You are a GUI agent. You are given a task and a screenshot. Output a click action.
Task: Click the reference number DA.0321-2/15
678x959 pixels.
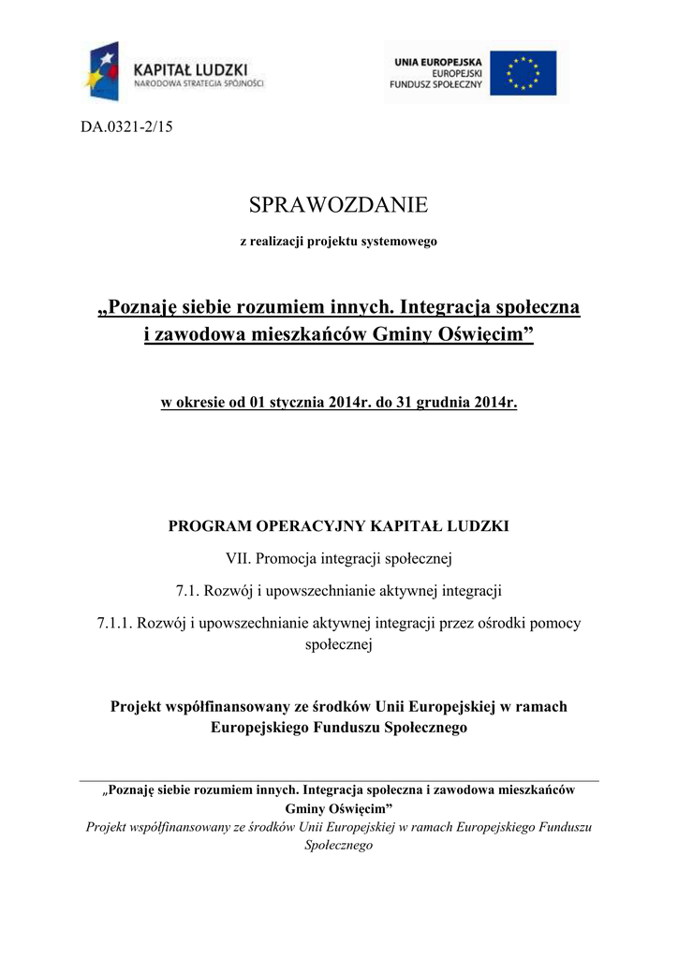[x=126, y=127]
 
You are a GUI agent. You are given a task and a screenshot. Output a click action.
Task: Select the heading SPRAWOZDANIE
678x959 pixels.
[x=338, y=204]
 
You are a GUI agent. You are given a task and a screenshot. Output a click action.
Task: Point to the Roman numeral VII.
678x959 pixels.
[x=238, y=559]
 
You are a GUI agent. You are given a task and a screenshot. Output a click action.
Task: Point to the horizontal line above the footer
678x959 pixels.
[x=339, y=780]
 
